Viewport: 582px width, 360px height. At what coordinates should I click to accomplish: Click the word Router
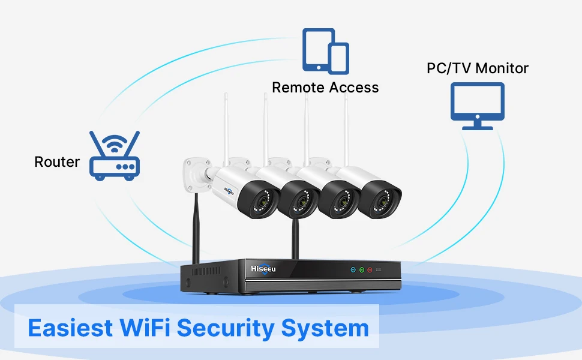click(x=57, y=162)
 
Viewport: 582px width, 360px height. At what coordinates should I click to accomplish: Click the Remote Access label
click(x=325, y=88)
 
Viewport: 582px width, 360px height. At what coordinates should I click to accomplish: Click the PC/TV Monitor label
click(x=478, y=68)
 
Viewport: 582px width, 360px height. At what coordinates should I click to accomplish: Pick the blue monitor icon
click(x=478, y=106)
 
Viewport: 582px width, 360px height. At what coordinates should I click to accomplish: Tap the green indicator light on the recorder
click(x=362, y=271)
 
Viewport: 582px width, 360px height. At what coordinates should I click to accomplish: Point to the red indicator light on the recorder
click(x=370, y=271)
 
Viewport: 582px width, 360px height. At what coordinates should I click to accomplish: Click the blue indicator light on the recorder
click(x=353, y=271)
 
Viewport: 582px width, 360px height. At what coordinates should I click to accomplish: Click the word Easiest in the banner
click(x=70, y=328)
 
